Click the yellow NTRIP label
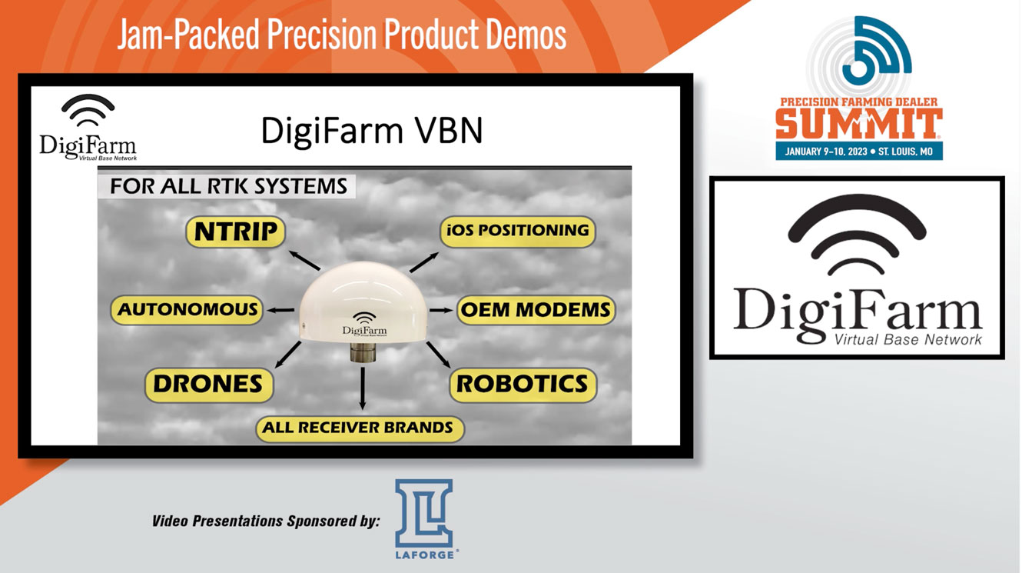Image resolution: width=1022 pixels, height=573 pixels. [x=236, y=232]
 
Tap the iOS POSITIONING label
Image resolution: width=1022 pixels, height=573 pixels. [x=518, y=231]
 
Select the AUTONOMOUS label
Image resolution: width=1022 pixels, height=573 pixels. [x=187, y=310]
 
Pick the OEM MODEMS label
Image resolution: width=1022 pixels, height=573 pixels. [x=536, y=310]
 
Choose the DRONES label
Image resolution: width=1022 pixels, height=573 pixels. [x=208, y=385]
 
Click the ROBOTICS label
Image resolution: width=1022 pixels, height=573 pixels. [x=523, y=384]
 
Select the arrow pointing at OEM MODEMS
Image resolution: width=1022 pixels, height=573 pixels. [x=440, y=310]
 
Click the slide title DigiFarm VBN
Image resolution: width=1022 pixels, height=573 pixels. [x=372, y=131]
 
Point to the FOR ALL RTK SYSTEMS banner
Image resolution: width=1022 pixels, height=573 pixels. [x=228, y=186]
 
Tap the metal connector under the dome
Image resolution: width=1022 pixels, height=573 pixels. [x=361, y=355]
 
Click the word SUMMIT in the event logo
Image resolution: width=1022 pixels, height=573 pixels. [x=858, y=124]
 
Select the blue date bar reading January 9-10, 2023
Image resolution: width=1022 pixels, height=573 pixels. [x=858, y=151]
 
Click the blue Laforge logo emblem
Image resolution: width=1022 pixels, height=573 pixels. [x=423, y=514]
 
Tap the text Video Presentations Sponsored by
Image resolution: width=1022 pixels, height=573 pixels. [x=266, y=521]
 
